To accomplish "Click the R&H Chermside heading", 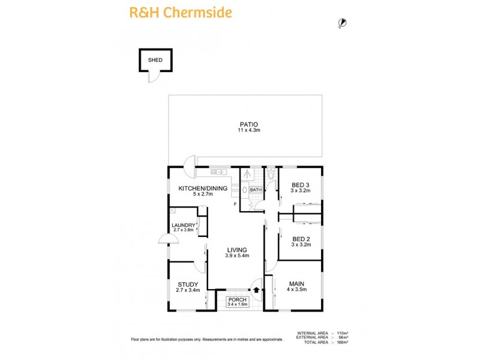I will pos(181,13).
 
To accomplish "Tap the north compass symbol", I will pos(342,23).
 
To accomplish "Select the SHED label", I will pos(155,60).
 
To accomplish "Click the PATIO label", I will pos(246,124).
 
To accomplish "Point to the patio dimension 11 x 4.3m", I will pos(246,130).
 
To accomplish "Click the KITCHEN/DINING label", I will pos(203,188).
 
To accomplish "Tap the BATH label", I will pos(256,190).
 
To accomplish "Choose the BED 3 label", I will pos(301,184).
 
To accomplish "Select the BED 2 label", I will pos(301,238).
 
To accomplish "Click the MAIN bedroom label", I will pos(296,283).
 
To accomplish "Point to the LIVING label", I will pos(237,250).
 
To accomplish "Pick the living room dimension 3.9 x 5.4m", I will pos(237,256).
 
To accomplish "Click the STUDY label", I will pos(188,284).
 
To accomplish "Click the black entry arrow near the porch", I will pos(257,290).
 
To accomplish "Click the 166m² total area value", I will pos(343,342).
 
